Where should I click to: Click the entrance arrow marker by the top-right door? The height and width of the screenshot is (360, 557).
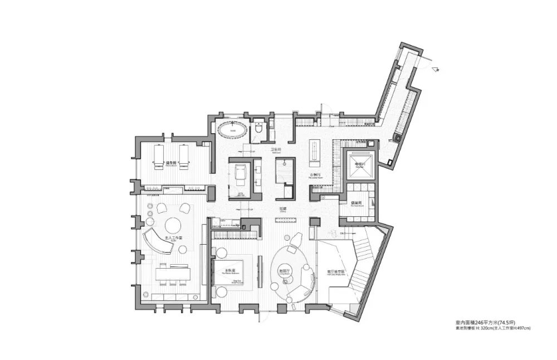point(438,69)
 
